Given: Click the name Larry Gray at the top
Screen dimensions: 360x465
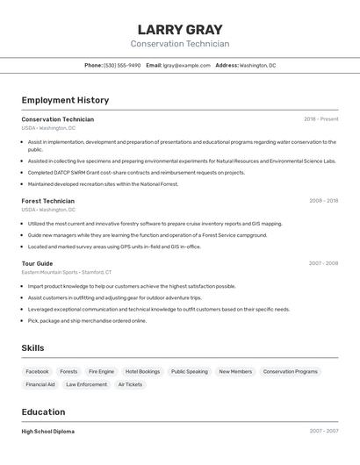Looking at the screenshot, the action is (180, 29).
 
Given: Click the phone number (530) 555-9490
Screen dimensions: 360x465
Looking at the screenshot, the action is (122, 65).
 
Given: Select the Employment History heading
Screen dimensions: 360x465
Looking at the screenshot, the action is (65, 100).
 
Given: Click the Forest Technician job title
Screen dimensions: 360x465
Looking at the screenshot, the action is (47, 201).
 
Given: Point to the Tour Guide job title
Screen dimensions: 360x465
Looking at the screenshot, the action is (37, 263).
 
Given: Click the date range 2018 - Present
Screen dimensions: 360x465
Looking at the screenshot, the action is (320, 119).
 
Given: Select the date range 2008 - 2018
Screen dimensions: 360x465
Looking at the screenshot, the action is (323, 201).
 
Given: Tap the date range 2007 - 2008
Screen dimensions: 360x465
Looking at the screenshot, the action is (323, 263).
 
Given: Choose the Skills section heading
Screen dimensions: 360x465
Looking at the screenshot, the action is (32, 348).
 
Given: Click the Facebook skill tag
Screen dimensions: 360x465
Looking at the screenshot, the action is (37, 371).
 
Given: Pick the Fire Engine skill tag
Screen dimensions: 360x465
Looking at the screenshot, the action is (101, 371).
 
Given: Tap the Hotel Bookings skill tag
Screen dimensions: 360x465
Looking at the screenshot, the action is (142, 371).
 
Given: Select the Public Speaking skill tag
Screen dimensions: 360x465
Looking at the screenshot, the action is (189, 371).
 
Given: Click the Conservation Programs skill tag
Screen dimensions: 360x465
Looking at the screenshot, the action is (290, 371).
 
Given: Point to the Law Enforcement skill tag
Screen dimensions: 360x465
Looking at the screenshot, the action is (86, 384).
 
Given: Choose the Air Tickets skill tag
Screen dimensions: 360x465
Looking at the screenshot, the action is (130, 384).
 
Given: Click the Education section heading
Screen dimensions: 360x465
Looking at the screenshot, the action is (43, 412).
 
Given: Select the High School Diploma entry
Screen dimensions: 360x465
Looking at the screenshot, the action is (47, 432).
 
